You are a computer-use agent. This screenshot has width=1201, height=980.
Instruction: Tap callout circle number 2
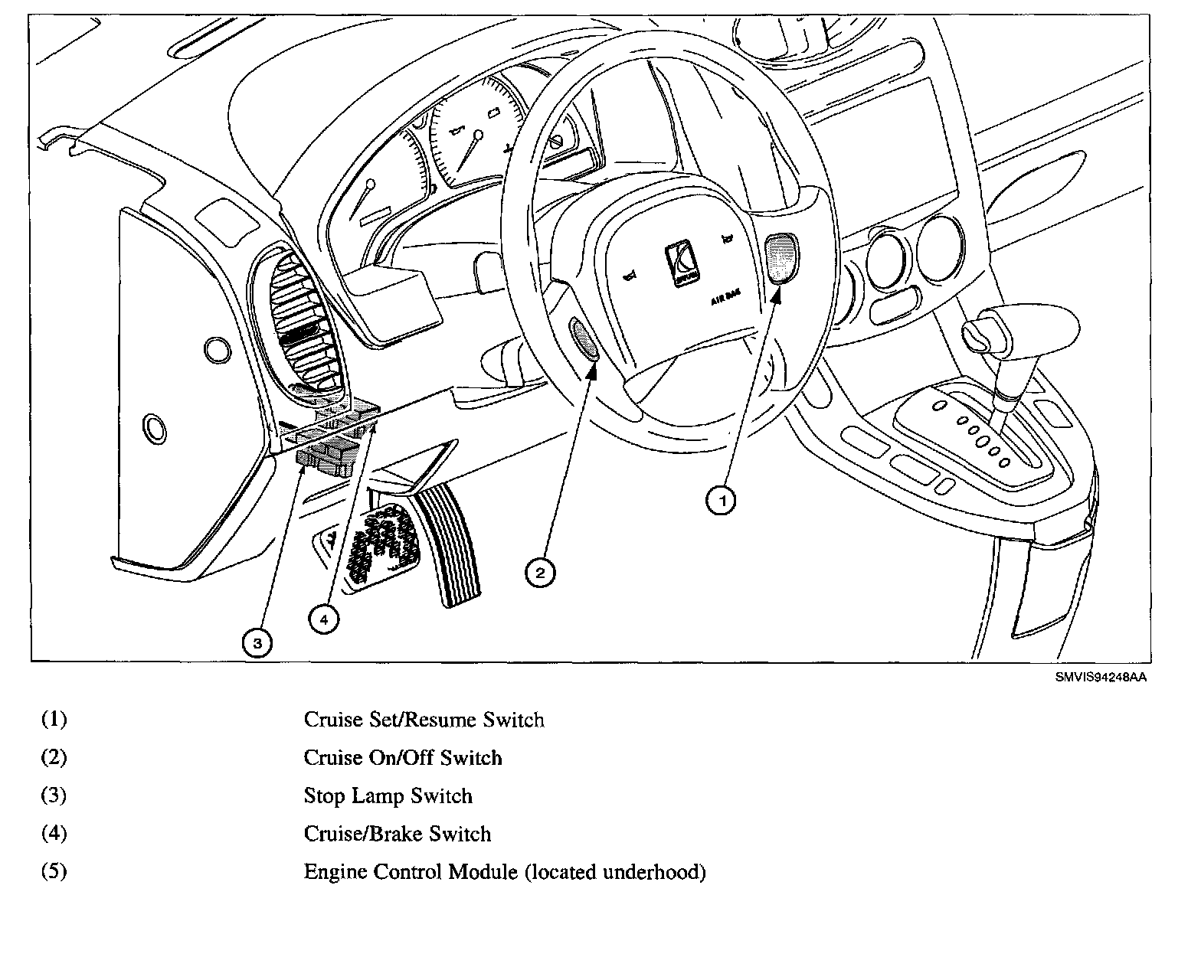click(540, 573)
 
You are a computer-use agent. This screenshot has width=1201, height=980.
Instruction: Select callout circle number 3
click(257, 643)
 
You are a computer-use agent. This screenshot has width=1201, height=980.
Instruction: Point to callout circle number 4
click(323, 619)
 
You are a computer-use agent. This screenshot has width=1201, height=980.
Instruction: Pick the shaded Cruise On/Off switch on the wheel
click(584, 339)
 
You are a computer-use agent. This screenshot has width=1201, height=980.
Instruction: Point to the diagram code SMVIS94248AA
click(1101, 677)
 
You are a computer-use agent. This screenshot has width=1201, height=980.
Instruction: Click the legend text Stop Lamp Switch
click(388, 796)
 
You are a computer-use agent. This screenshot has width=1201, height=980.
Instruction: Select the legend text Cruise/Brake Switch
click(397, 834)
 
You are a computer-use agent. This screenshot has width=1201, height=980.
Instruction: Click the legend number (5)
click(54, 872)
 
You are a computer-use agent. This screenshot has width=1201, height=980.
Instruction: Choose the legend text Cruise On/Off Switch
click(403, 758)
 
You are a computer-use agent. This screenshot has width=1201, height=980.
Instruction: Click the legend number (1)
click(54, 720)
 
